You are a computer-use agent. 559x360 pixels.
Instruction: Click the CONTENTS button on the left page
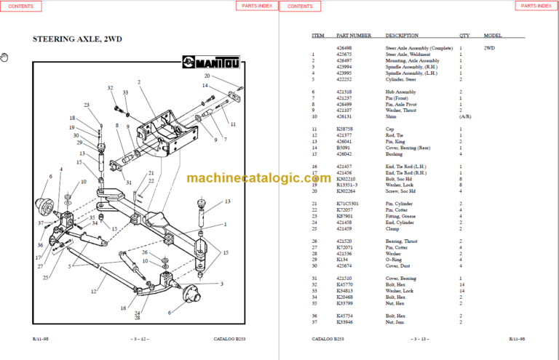point(20,6)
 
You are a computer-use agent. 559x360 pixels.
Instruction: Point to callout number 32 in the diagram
point(111,88)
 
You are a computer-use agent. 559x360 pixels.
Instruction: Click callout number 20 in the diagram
point(207,76)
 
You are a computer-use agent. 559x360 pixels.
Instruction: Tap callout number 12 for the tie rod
point(93,292)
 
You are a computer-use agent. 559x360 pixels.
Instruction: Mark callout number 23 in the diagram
point(87,105)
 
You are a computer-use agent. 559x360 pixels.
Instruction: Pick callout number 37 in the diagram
point(41,223)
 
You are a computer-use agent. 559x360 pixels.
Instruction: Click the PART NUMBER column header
point(354,35)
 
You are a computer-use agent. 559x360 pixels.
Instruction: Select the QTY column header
point(464,35)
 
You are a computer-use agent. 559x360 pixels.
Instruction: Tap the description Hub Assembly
point(400,92)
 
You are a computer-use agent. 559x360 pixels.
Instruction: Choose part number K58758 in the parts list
point(344,129)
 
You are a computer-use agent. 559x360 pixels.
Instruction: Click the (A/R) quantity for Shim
point(464,116)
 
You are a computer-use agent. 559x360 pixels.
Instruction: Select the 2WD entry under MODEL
point(489,48)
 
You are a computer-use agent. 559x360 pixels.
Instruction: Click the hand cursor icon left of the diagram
point(4,57)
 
